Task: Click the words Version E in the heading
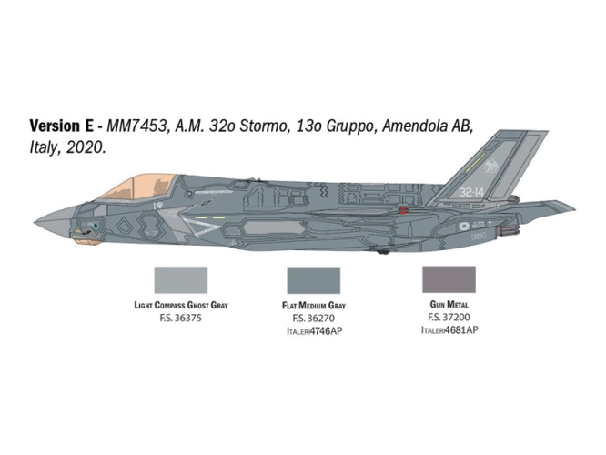coord(62,126)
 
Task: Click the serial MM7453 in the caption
coord(136,126)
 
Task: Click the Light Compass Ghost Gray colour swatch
coord(181,280)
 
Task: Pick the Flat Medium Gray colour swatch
coord(314,280)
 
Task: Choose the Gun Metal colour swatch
coord(449,279)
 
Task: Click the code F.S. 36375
coord(181,318)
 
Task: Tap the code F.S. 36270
coord(314,318)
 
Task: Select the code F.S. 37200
coord(449,318)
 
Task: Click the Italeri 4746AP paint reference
coord(314,331)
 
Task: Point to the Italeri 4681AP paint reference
coord(449,330)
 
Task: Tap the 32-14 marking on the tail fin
coord(471,192)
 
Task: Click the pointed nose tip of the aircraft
coord(35,222)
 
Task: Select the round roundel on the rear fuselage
coord(464,227)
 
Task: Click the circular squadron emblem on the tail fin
coord(491,167)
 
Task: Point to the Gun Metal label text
coord(449,305)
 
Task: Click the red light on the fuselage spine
coord(403,210)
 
